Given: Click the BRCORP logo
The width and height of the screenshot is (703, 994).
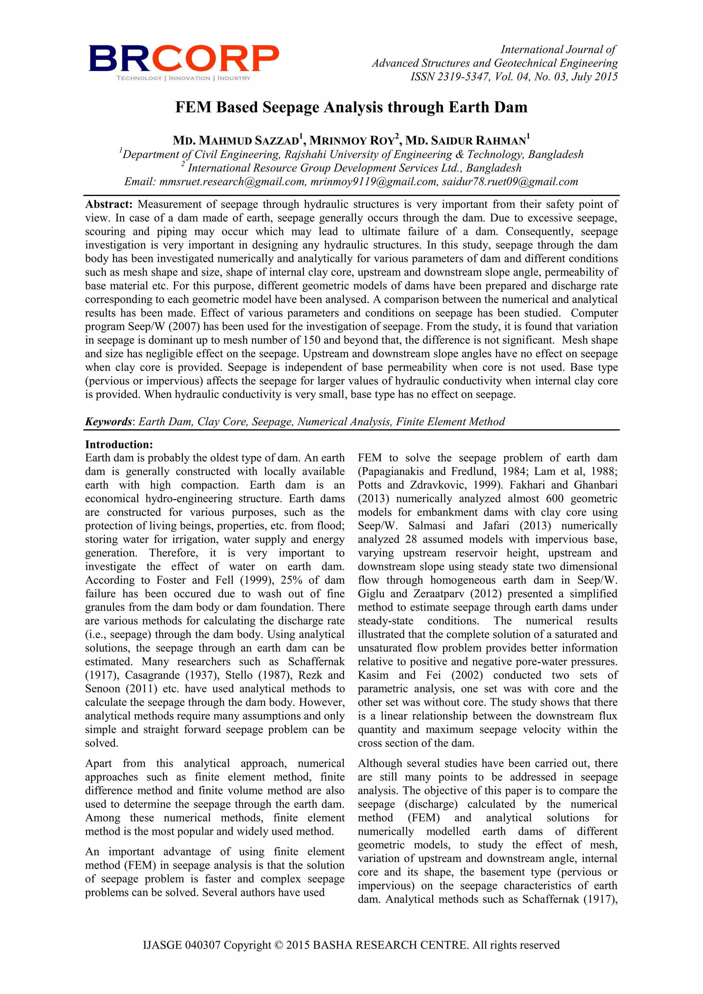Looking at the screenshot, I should (x=184, y=58).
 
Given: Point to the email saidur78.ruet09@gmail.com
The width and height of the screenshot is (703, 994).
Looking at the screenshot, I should (x=509, y=182).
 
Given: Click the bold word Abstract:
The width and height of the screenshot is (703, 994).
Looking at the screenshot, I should (x=109, y=204).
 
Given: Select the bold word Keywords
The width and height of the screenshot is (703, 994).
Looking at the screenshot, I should (x=108, y=422).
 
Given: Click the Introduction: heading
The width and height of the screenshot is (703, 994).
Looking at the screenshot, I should (x=119, y=444).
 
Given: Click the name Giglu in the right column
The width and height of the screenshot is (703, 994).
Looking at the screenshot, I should (x=370, y=593).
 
